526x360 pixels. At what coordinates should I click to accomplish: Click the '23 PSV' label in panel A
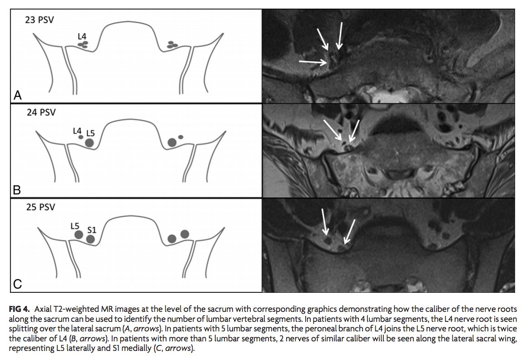(39, 20)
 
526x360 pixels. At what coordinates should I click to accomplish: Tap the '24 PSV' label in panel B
(41, 112)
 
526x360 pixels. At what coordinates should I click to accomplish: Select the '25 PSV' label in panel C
(40, 207)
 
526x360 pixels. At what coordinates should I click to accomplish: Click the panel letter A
(18, 95)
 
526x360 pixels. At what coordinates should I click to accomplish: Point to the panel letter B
(17, 190)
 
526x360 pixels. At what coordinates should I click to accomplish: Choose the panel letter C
(17, 284)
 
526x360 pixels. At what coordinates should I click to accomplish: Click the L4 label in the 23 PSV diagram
(82, 36)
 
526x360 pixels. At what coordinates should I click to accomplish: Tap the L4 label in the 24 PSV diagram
(77, 131)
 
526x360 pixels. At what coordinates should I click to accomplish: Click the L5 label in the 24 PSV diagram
(90, 133)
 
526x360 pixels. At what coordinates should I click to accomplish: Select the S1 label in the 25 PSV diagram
(92, 230)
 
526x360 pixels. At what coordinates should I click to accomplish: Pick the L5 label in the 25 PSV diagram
(75, 226)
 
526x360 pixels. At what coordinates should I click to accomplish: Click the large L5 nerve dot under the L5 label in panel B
(89, 143)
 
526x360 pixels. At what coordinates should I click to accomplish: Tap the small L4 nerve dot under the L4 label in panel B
(80, 137)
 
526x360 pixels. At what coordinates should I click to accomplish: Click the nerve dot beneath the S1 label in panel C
(90, 239)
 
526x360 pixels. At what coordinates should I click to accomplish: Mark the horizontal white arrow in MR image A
(313, 62)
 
